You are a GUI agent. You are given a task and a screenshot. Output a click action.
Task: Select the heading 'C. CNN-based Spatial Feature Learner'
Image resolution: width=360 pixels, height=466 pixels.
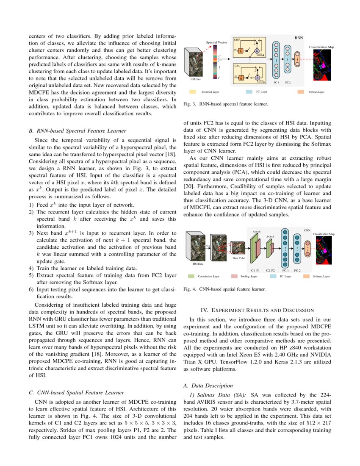point(73,392)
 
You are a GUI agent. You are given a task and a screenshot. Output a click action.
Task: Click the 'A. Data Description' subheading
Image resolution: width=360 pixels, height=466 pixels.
point(208,386)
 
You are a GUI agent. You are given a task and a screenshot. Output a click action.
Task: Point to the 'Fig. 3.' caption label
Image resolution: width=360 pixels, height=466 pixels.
point(188,103)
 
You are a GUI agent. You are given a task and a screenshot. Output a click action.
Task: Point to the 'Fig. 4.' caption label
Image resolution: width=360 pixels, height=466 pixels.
point(188,290)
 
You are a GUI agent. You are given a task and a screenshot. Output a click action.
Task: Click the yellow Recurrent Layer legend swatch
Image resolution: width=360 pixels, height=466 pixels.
point(193,91)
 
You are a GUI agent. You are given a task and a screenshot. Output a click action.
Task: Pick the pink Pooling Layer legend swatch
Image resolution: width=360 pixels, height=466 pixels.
point(234,276)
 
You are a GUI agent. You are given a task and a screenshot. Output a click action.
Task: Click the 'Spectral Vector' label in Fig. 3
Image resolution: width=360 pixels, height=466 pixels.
point(216,43)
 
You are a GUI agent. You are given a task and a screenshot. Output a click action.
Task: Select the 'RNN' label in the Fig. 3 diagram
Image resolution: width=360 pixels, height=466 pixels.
point(299,38)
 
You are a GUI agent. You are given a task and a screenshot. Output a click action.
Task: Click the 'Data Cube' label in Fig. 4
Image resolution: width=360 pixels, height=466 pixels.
point(238,258)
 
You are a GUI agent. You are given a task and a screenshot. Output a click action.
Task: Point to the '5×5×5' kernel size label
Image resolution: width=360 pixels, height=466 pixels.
point(256,232)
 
